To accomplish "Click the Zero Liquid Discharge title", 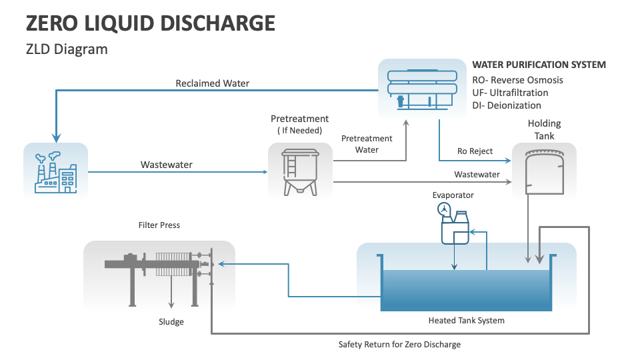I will coord(150,23).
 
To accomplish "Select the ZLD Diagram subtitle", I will coord(66,49).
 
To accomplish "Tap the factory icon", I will coord(55,171).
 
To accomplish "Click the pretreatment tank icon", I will coord(299,171).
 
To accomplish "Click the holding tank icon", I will coord(543,171).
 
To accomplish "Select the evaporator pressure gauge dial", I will coord(443,210).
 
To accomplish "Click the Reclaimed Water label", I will coord(212,83).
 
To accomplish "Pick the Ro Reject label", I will coord(475,151).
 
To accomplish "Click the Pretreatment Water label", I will coord(367,144).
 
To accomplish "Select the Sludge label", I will coord(171,322).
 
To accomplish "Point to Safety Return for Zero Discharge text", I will coord(399,345).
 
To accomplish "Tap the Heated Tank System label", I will coord(466,321).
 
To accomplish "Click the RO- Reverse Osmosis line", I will coord(517,80).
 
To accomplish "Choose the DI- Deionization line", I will coord(507,105).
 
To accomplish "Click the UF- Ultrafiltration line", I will coord(510,93).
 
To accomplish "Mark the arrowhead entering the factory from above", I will coord(56,138).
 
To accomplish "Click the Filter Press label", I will coord(159,225).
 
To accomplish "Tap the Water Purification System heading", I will coord(539,65).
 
